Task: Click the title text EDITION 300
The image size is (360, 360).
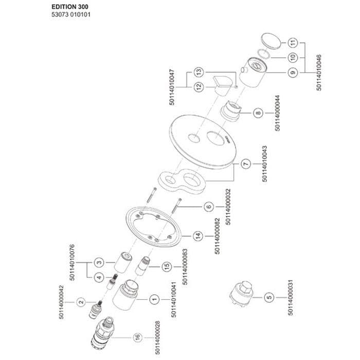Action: click(x=70, y=7)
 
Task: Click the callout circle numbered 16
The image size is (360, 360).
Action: click(x=137, y=337)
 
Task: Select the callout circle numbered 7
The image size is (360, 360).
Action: click(x=245, y=164)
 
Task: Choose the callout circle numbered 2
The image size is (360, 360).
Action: click(x=81, y=302)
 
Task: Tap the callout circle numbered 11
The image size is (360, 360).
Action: click(x=293, y=42)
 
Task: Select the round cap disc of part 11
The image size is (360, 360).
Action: click(x=271, y=41)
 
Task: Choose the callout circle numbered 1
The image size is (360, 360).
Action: click(x=153, y=298)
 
